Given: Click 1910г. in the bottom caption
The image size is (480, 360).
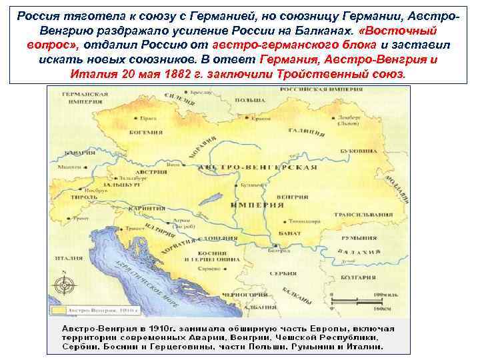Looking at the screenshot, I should tap(155, 329).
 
